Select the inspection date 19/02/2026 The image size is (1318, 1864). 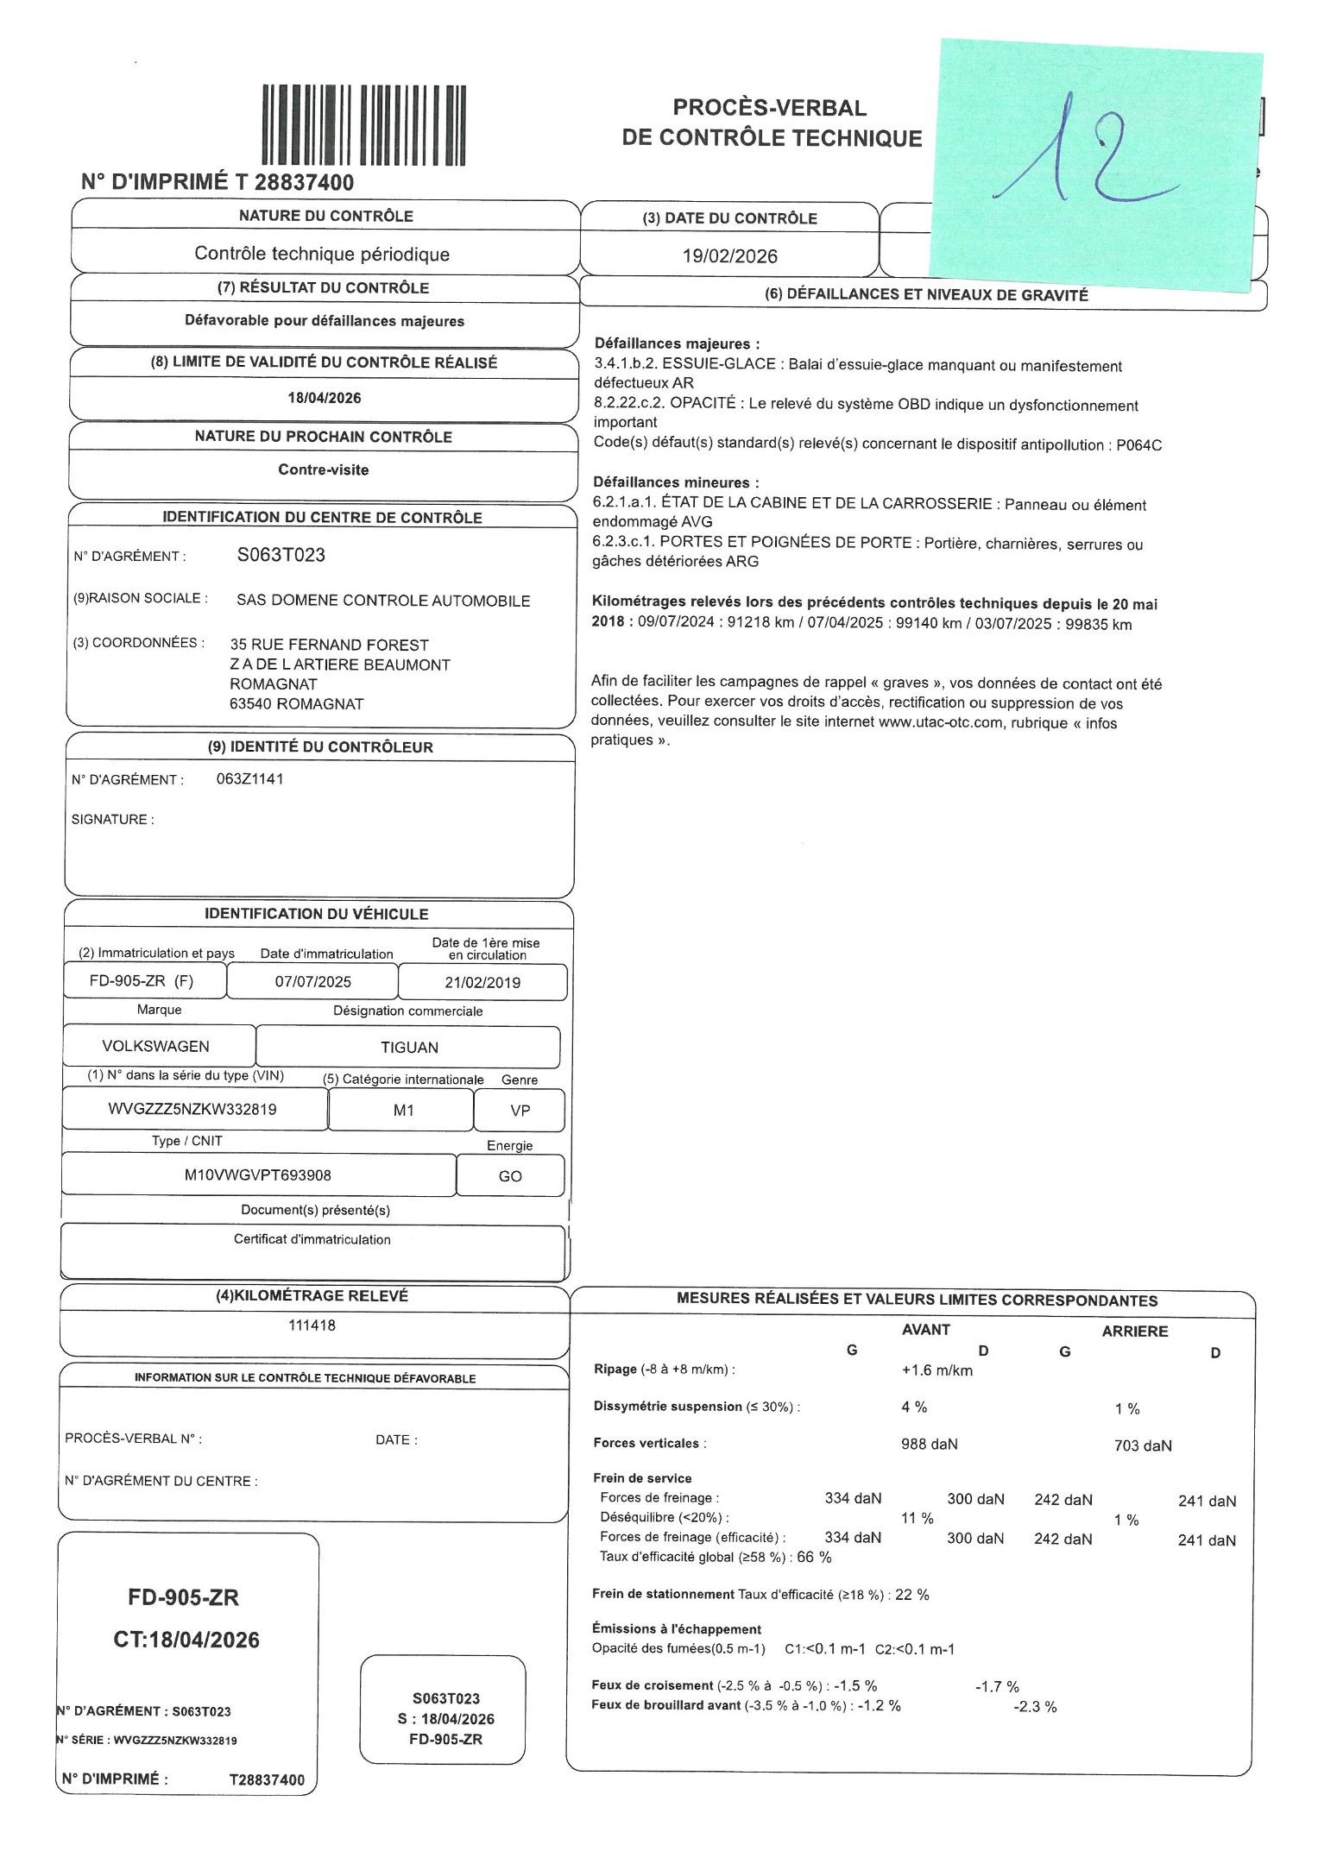click(x=730, y=256)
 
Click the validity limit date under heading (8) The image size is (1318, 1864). click(x=325, y=398)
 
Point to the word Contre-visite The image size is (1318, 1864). click(x=324, y=470)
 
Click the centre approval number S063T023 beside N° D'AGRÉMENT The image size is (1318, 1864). click(x=281, y=555)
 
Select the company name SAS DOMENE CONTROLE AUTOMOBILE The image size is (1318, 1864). click(x=383, y=601)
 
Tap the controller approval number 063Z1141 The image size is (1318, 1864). click(x=250, y=778)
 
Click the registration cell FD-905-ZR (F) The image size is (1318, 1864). click(x=142, y=981)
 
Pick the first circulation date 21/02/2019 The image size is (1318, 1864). click(x=482, y=982)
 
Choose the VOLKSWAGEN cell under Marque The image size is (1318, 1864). click(x=156, y=1046)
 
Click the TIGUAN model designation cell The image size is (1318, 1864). click(x=409, y=1048)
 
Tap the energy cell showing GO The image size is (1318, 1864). click(x=510, y=1176)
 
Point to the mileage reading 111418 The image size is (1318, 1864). click(x=312, y=1325)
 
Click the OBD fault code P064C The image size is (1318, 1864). click(x=1140, y=445)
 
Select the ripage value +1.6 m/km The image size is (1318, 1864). click(x=936, y=1370)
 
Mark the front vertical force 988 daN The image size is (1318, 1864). click(x=929, y=1444)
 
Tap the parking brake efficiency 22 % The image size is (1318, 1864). click(x=912, y=1594)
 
